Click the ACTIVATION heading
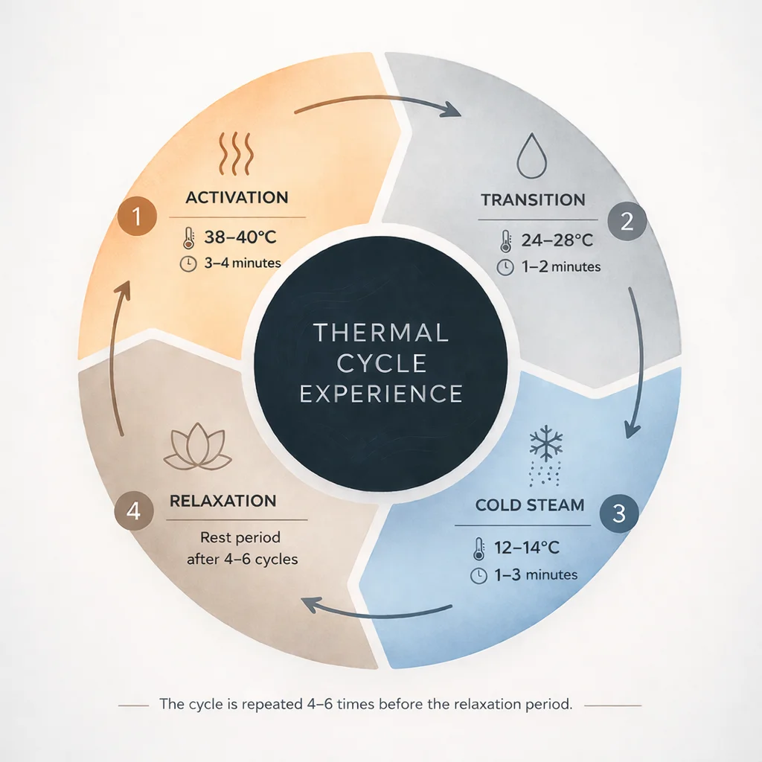click(237, 198)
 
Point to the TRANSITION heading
click(533, 199)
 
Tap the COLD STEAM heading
click(530, 505)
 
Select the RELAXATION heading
click(223, 501)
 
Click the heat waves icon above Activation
click(237, 152)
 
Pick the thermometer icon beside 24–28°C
click(506, 241)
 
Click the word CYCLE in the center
click(381, 362)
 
